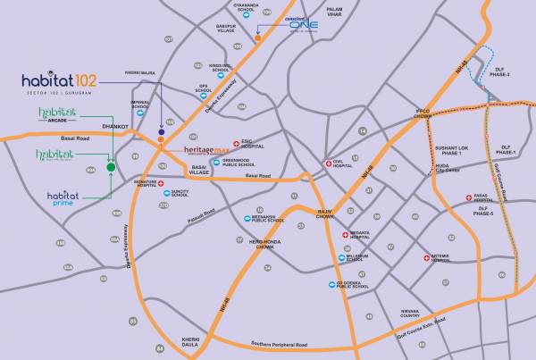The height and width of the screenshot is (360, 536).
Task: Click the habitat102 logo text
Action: click(57, 81)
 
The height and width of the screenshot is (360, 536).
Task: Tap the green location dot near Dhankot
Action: click(111, 166)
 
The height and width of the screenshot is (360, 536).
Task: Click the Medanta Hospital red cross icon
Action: click(346, 234)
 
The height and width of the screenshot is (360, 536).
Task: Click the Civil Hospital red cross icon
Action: click(328, 163)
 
